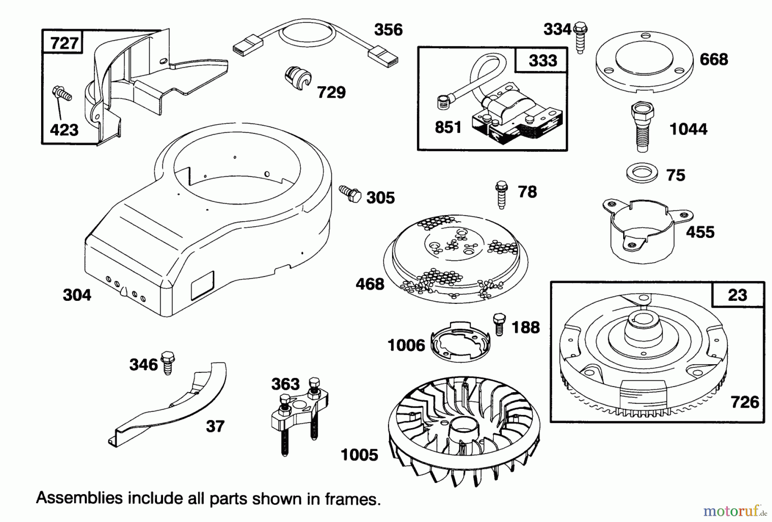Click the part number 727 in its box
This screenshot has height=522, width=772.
pyautogui.click(x=64, y=43)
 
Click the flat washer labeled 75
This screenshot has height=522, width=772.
pyautogui.click(x=642, y=174)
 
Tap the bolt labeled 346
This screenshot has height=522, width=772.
pyautogui.click(x=168, y=363)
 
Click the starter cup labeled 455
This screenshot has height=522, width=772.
pyautogui.click(x=642, y=229)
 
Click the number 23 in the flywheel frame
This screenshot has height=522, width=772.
pyautogui.click(x=737, y=295)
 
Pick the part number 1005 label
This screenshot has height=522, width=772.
pyautogui.click(x=359, y=455)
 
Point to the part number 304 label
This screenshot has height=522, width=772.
pyautogui.click(x=77, y=295)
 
